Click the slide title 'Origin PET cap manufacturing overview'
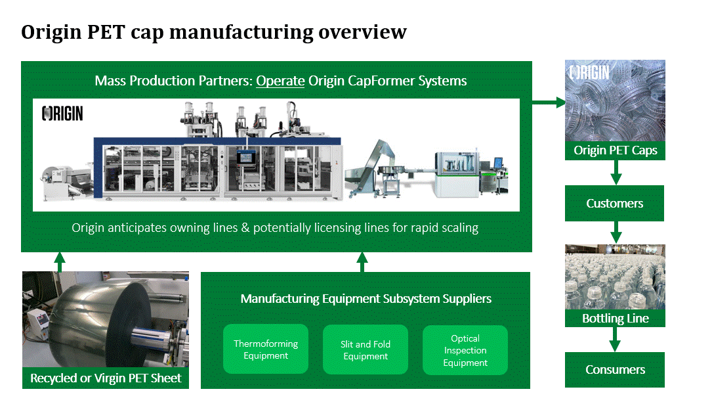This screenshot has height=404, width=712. [x=214, y=32]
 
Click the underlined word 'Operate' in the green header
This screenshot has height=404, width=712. [x=280, y=81]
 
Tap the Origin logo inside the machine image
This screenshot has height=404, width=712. [x=63, y=114]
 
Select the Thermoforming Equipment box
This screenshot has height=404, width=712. [x=266, y=349]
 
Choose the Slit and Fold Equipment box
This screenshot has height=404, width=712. [x=366, y=350]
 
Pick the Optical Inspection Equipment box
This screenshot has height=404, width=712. [x=465, y=350]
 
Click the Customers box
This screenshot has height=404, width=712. [x=615, y=204]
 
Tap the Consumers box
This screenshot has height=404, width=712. [x=615, y=370]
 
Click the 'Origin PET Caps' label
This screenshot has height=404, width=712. [x=615, y=151]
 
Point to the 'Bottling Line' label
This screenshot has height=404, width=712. [x=615, y=319]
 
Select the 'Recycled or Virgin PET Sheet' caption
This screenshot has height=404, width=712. [x=106, y=378]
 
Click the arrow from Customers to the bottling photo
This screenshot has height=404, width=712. [x=616, y=232]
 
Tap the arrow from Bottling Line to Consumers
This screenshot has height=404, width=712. [x=616, y=339]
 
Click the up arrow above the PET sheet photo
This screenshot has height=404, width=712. [x=60, y=261]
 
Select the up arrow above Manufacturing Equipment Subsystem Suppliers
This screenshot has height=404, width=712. [x=362, y=261]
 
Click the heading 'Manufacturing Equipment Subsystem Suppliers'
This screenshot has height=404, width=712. [x=366, y=299]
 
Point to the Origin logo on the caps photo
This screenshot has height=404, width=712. [x=589, y=72]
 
